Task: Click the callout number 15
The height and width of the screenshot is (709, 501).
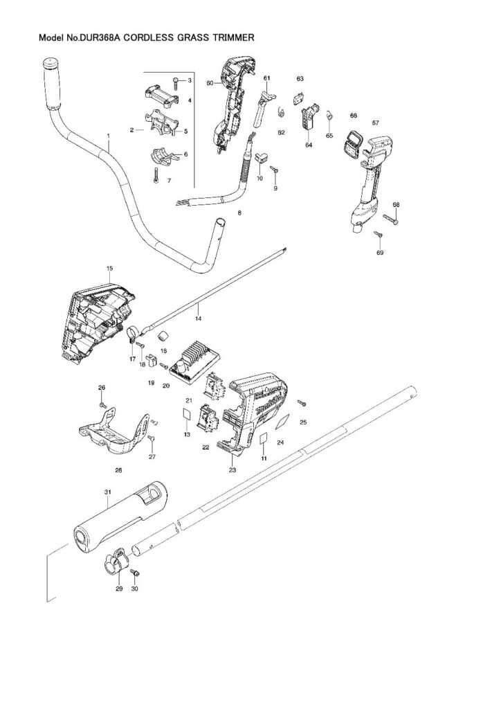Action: click(109, 267)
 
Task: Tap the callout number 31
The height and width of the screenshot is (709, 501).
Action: click(107, 492)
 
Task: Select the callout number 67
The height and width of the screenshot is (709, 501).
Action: click(376, 123)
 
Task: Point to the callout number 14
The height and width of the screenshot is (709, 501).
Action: click(198, 318)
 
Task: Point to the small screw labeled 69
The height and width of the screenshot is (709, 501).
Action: click(378, 235)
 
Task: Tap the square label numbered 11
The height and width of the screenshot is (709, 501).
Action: click(264, 440)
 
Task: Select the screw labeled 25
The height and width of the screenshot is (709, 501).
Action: click(302, 402)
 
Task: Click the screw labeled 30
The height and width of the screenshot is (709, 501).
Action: click(136, 573)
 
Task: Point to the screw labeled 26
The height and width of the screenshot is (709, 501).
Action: click(102, 403)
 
